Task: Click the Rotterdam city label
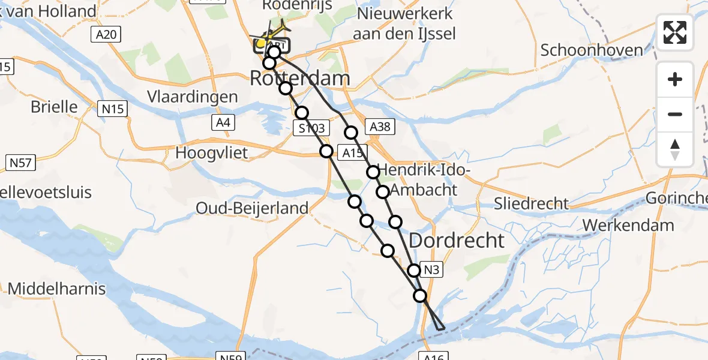tap(299, 78)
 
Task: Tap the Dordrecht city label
tap(457, 241)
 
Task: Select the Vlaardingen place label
tap(193, 97)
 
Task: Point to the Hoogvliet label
tap(211, 152)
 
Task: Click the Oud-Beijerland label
tap(252, 208)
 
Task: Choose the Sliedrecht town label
tap(531, 203)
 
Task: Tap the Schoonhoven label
tap(592, 50)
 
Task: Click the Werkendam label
tap(628, 225)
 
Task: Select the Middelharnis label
tap(57, 289)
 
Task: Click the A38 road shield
tap(380, 127)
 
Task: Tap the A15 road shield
tap(351, 153)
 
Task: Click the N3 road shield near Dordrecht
tap(433, 270)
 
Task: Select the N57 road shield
tap(21, 162)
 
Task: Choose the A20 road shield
tap(106, 35)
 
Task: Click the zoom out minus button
tap(675, 114)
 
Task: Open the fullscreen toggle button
tap(675, 32)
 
